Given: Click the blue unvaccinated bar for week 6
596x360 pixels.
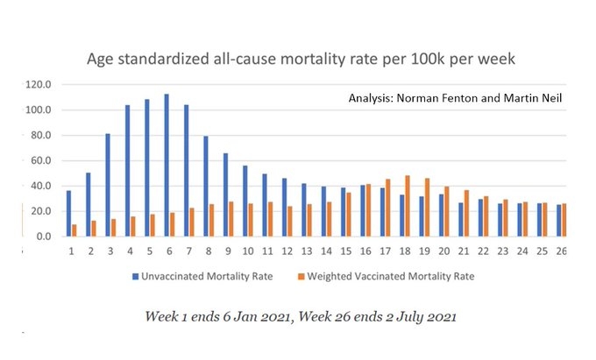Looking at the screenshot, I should [x=166, y=166].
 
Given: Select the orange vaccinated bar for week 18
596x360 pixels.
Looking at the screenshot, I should [x=408, y=206].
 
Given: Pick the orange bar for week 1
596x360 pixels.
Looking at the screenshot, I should [x=74, y=230].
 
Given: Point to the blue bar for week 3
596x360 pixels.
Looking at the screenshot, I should [x=108, y=185].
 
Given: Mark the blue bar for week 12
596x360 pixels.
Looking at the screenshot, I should [x=284, y=207].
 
